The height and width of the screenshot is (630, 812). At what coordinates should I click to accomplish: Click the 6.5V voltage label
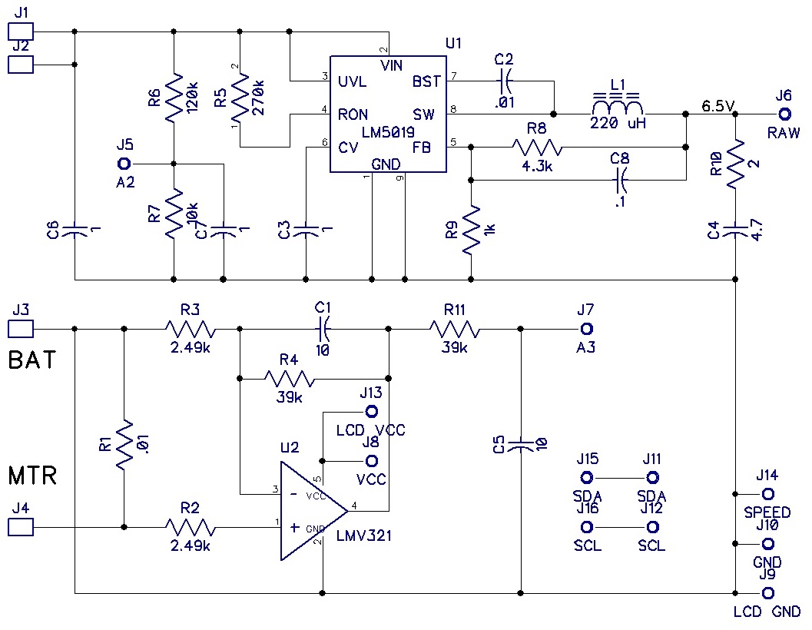tap(718, 105)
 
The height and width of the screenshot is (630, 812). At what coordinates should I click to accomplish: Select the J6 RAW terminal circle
tap(784, 114)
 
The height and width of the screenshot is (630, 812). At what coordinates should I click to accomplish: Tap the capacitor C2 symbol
tap(505, 79)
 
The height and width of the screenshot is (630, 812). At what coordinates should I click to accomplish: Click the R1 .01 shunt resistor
tap(124, 446)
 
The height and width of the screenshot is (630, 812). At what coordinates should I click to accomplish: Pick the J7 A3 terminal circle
tap(587, 330)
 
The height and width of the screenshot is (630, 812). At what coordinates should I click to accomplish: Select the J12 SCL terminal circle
tap(652, 527)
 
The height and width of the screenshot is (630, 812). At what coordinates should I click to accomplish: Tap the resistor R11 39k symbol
tap(455, 330)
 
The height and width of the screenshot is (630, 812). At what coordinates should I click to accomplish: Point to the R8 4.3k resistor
tap(537, 146)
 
